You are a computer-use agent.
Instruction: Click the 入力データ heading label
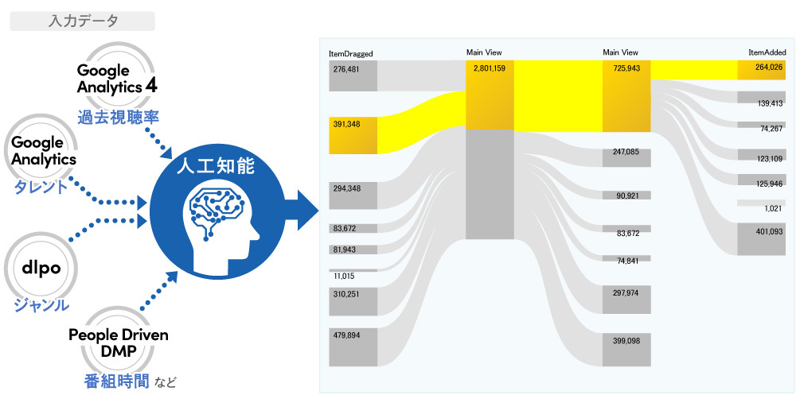82,21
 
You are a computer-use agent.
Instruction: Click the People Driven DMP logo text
118,343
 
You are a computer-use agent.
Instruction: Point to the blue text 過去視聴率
119,117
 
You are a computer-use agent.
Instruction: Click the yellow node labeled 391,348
353,135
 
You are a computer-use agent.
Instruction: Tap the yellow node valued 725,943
626,91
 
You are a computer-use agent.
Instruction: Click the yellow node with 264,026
762,70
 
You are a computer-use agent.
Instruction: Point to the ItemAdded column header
767,52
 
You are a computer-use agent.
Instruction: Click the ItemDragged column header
350,54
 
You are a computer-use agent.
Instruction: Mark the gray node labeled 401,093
762,239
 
